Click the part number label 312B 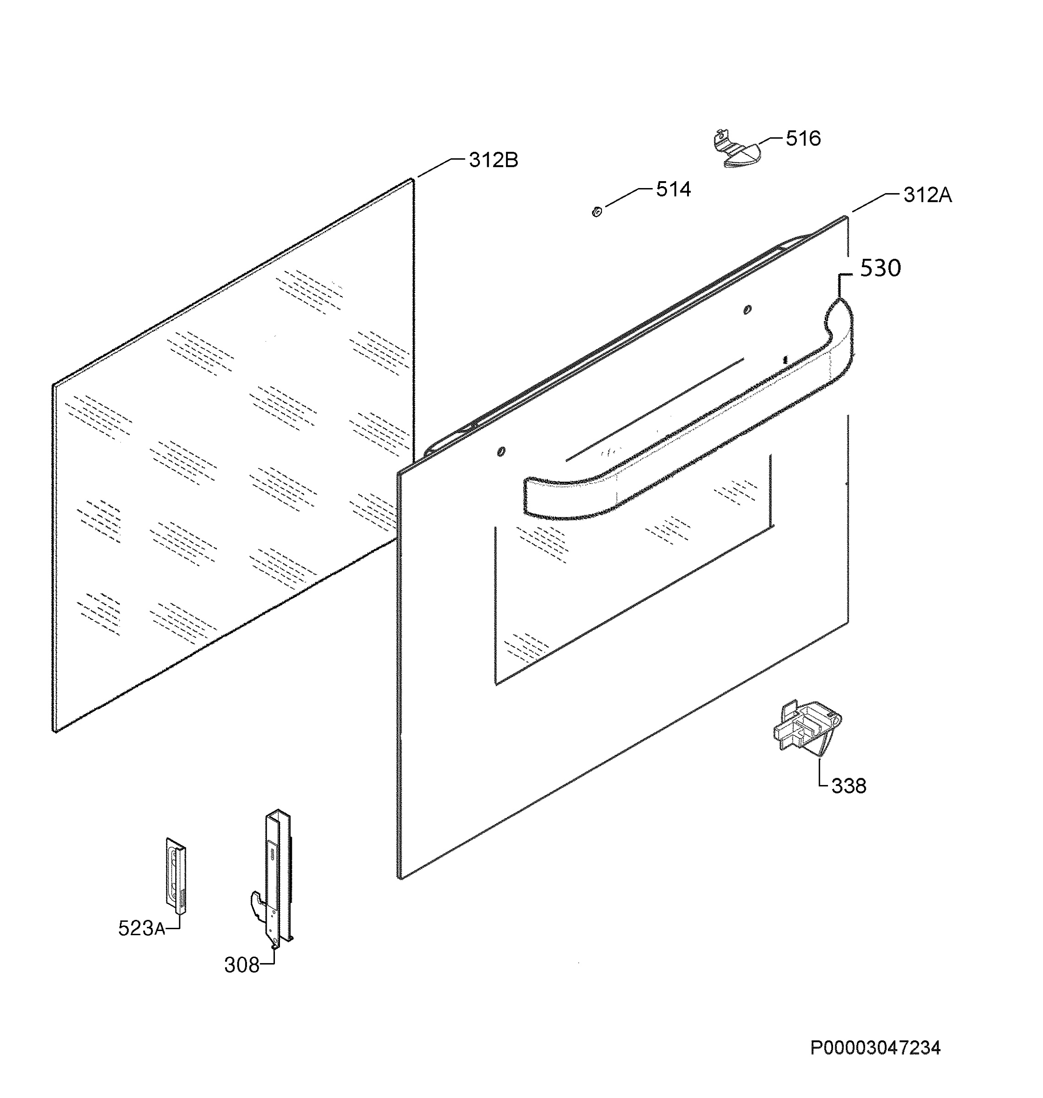tap(493, 161)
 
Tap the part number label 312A tap(927, 195)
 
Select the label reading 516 tap(803, 139)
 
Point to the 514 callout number tap(673, 189)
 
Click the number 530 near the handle tap(881, 269)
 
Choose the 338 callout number tap(849, 786)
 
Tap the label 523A tap(141, 928)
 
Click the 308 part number tap(242, 965)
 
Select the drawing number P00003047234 tap(876, 1049)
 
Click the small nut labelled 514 tap(597, 211)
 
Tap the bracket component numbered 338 tap(806, 728)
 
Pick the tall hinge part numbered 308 tap(273, 878)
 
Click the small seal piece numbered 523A tap(176, 876)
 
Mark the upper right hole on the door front tap(747, 310)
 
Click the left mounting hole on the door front tap(501, 452)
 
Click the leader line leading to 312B tap(441, 167)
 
